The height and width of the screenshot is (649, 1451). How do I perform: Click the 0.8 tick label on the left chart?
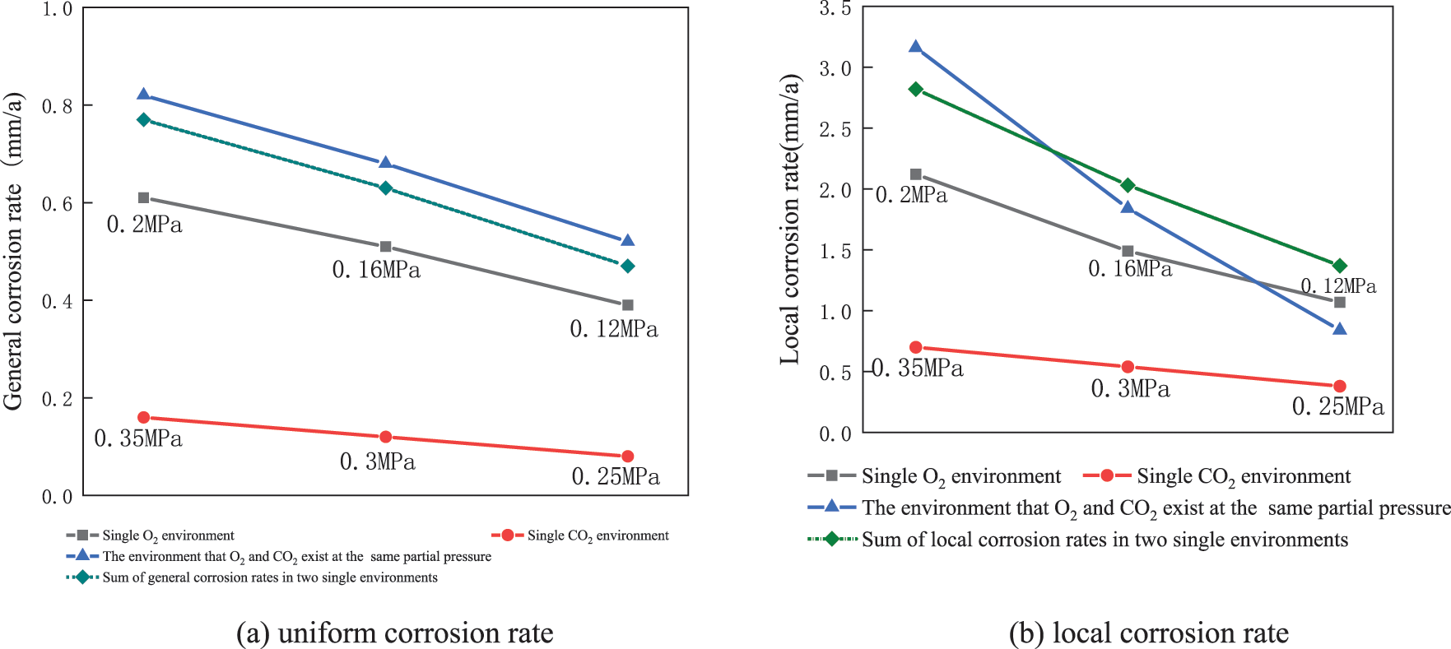click(x=57, y=106)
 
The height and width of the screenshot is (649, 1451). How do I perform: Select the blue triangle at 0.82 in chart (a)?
click(x=144, y=95)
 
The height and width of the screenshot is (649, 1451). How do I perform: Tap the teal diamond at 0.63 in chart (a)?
click(x=385, y=188)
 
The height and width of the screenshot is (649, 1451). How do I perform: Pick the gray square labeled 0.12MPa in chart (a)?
click(x=627, y=305)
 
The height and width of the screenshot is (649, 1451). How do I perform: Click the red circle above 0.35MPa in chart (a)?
click(x=144, y=417)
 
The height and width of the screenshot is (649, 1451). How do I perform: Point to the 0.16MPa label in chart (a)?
click(x=376, y=270)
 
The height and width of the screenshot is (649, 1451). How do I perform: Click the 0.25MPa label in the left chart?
click(x=616, y=477)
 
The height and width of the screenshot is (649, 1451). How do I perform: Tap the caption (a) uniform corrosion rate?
click(x=394, y=633)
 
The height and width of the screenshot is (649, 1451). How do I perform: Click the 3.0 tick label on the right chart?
click(x=835, y=68)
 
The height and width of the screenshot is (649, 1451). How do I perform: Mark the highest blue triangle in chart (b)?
click(x=915, y=47)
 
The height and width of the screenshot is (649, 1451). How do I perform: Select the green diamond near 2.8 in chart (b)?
click(x=915, y=89)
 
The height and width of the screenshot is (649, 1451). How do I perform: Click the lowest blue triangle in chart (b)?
click(x=1339, y=329)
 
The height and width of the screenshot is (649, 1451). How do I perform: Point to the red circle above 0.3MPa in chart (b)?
click(x=1128, y=367)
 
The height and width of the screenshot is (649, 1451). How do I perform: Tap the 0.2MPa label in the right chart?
click(x=911, y=196)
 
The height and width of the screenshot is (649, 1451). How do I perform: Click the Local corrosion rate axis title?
click(x=790, y=220)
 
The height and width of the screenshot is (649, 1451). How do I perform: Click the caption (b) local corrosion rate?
click(x=1148, y=633)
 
